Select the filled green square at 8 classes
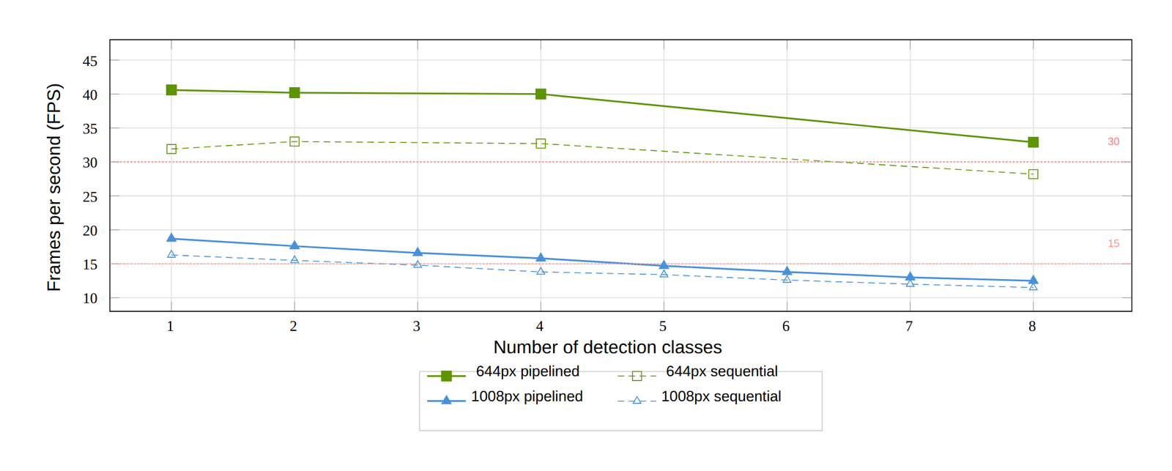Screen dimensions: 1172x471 coord(1033,142)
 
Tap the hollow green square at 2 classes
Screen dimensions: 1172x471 coord(294,142)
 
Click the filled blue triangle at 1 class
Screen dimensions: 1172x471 coord(171,238)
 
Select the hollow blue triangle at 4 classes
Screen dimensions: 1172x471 coord(541,271)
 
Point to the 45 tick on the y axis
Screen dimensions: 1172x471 coord(90,62)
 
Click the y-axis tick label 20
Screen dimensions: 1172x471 coord(90,231)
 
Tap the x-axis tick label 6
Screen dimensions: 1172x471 coord(786,327)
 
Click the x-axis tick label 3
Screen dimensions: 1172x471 coord(417,327)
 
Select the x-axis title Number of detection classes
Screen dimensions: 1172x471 coord(607,347)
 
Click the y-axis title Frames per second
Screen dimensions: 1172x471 coord(54,188)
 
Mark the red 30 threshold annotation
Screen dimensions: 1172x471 coord(1113,142)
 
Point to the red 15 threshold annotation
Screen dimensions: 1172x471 coord(1113,243)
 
